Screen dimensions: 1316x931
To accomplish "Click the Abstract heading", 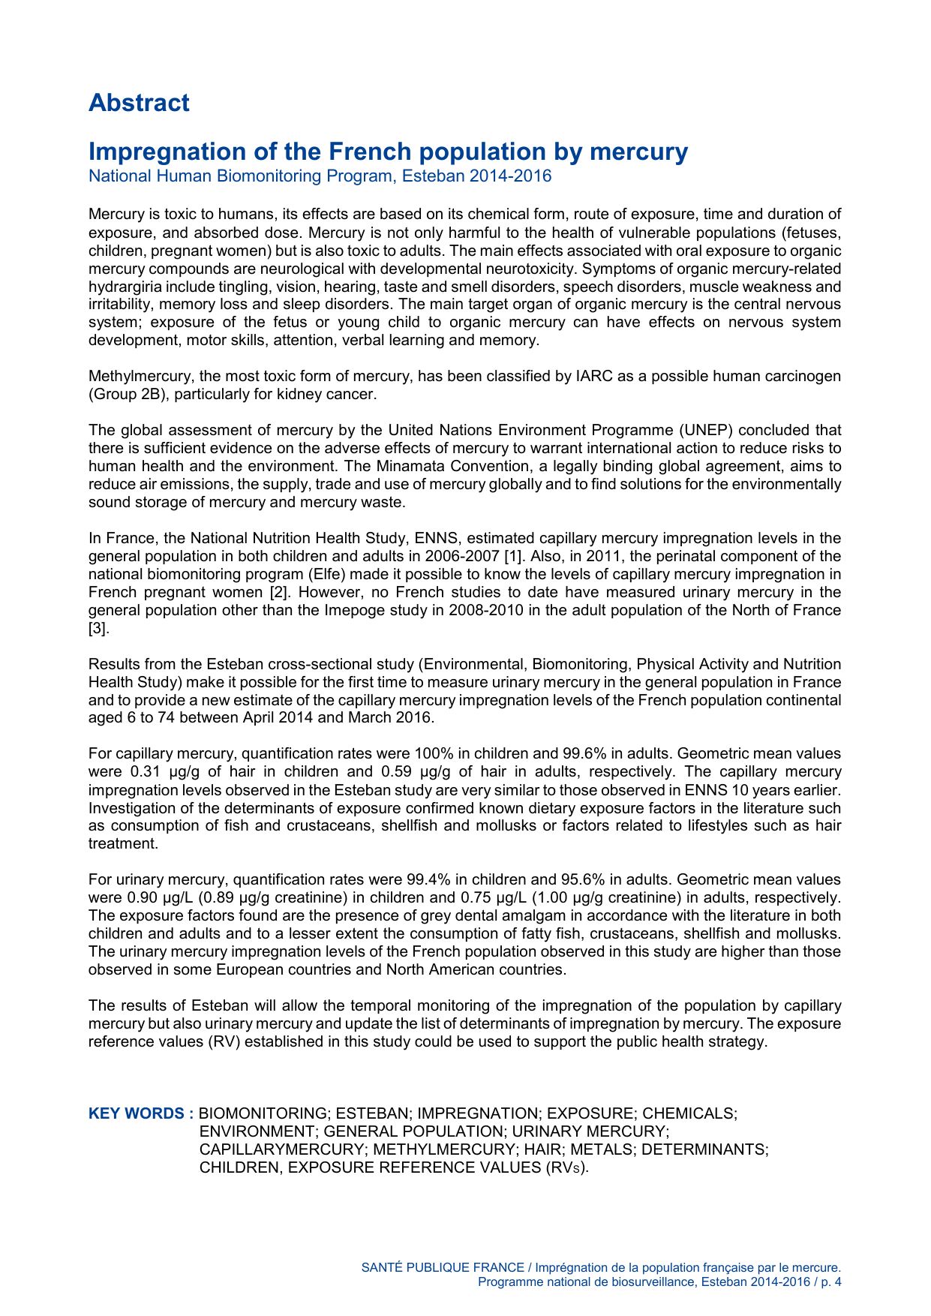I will [x=139, y=103].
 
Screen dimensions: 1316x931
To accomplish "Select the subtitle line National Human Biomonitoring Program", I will [x=320, y=176].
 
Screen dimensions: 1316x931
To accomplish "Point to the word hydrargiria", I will [x=123, y=287].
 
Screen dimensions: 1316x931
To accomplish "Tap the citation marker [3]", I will [x=99, y=628].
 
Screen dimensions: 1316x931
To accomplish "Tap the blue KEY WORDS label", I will [x=141, y=1113].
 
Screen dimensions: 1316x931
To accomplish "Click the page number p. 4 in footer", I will [x=830, y=1282].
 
